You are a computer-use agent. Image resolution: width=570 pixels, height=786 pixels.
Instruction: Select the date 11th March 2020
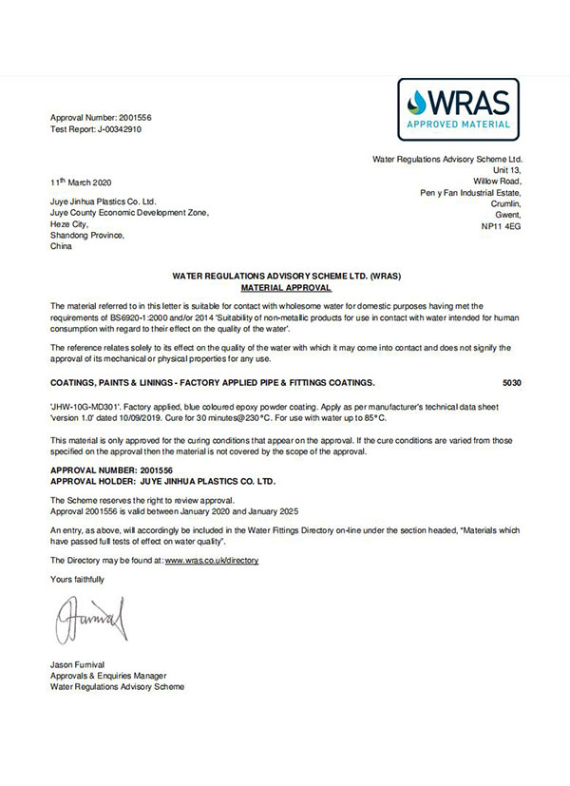pos(84,182)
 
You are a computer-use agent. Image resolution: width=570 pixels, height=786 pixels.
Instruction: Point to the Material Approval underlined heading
pos(286,286)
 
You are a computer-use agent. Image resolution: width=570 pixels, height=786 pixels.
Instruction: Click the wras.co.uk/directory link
pos(211,561)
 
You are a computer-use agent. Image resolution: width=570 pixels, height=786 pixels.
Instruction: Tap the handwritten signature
pos(91,620)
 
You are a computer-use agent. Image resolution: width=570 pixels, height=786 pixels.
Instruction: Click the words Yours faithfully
pos(77,579)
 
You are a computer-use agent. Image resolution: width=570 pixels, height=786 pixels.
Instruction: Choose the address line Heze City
pos(71,224)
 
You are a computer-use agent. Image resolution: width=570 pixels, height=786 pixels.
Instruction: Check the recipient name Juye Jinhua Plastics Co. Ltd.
pos(103,201)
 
